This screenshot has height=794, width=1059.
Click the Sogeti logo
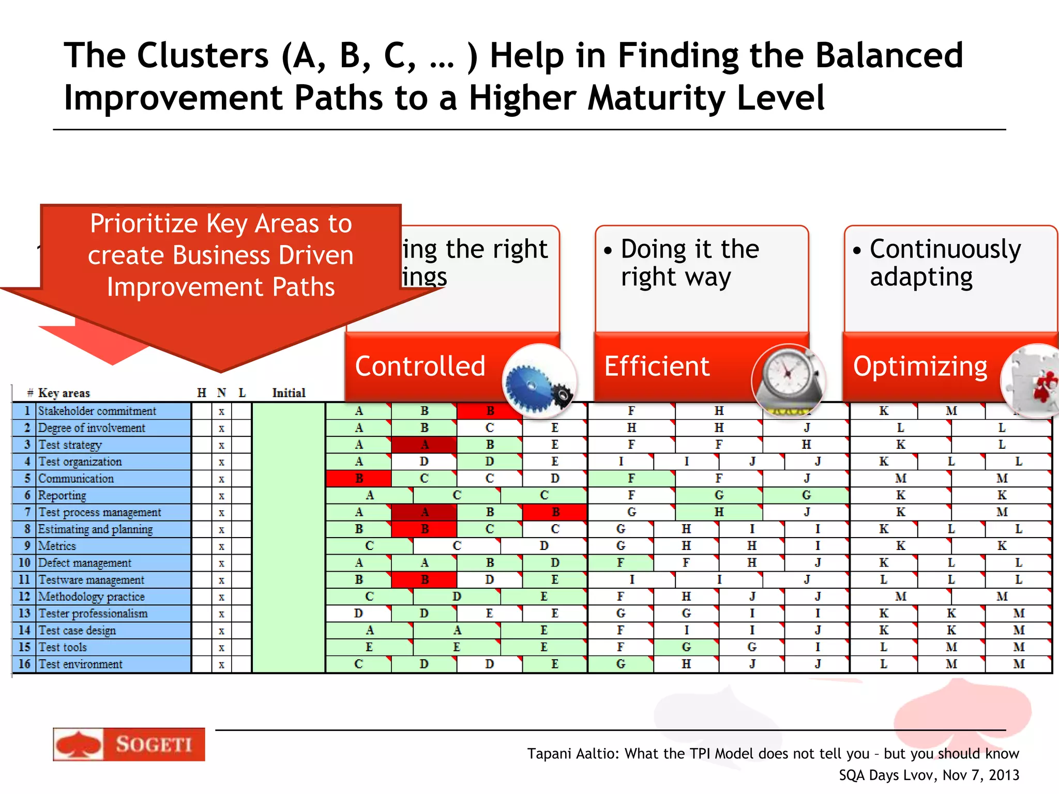(129, 744)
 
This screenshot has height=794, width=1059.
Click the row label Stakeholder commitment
(97, 411)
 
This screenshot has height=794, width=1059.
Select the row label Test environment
(80, 664)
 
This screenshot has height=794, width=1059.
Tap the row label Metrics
(57, 546)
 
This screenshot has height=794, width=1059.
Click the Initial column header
(289, 393)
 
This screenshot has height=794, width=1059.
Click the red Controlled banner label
(420, 366)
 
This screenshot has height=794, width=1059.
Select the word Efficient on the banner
(657, 366)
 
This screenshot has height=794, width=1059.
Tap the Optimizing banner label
(920, 366)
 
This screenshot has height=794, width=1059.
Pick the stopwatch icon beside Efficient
(788, 380)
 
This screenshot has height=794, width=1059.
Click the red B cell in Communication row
(359, 479)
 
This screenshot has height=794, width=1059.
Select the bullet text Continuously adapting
(945, 263)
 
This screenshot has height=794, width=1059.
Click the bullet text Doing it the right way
(689, 263)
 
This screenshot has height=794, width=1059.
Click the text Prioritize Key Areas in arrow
(221, 223)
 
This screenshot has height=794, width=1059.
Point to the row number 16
(24, 664)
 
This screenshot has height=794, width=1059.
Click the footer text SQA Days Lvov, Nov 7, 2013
(928, 775)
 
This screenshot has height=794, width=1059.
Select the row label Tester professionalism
(93, 614)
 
